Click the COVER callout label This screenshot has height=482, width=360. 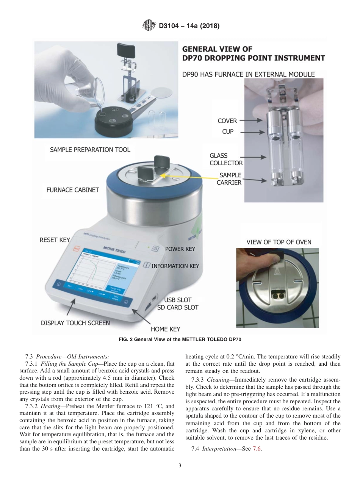coord(227,121)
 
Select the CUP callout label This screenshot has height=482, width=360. coord(228,132)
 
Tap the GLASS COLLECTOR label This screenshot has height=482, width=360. coord(226,159)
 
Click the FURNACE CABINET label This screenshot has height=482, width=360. coord(72,190)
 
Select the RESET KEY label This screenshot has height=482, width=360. coord(55,240)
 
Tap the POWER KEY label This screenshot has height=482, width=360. coord(180,249)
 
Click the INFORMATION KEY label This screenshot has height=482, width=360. coord(175,266)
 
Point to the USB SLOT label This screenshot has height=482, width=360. coord(178,300)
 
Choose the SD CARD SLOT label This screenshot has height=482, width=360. coord(178,307)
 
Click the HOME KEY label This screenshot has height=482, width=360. coord(166,329)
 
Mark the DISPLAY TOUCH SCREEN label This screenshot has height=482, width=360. coord(75,323)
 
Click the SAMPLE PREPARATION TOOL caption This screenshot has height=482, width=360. coord(90,150)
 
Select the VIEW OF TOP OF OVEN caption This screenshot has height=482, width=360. coord(279,242)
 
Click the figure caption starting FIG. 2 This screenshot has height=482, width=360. coord(180,340)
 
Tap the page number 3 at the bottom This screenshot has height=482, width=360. coord(180,465)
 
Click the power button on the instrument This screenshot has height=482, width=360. coord(155,249)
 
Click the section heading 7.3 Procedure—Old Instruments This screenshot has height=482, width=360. coord(67,357)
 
